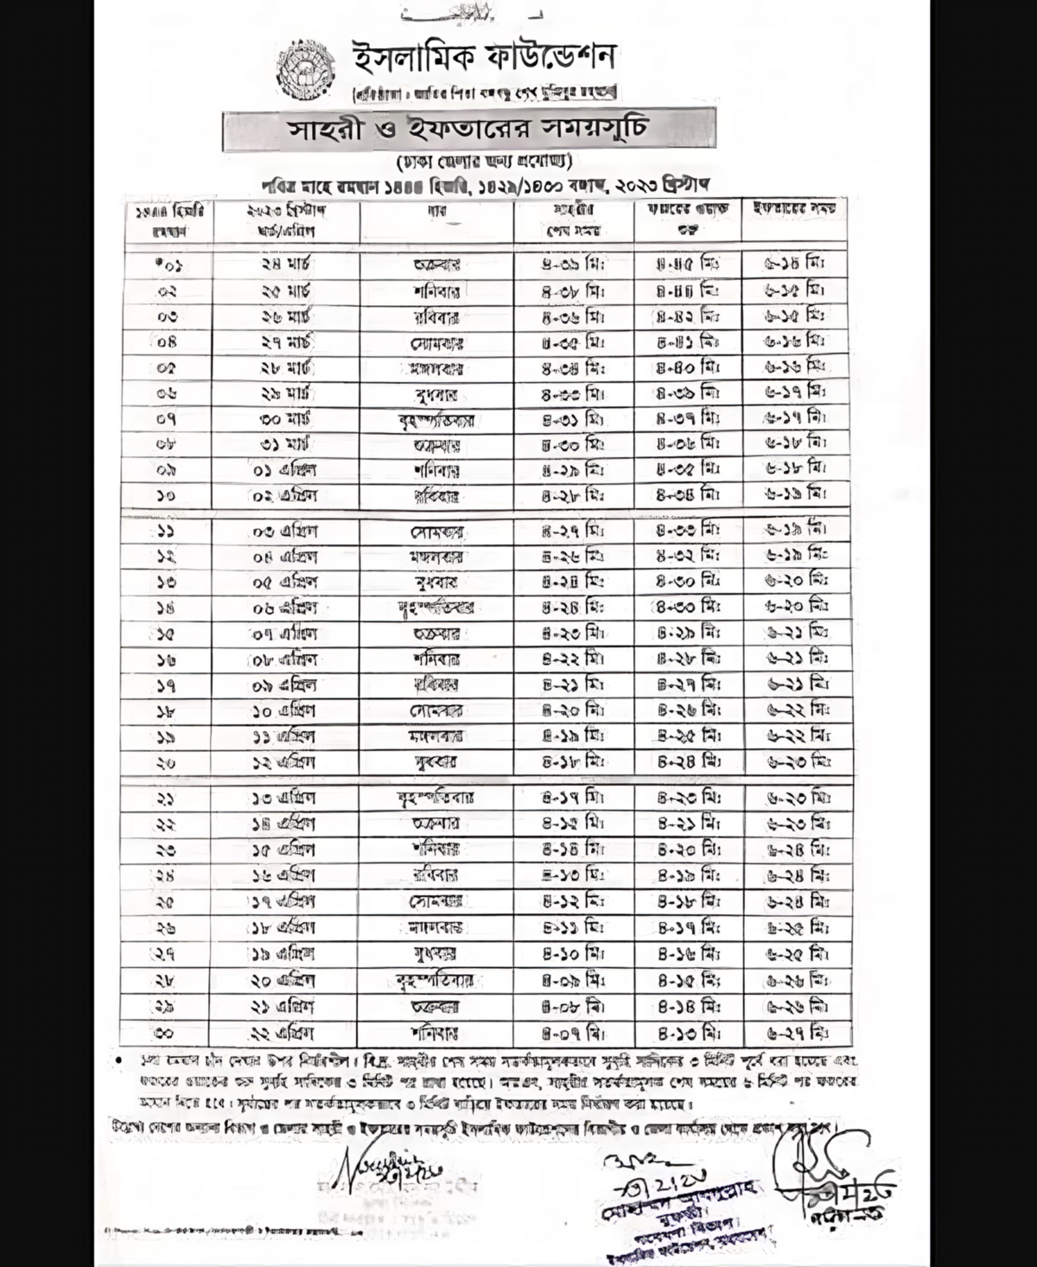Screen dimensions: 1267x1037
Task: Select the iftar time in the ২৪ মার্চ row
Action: [x=795, y=264]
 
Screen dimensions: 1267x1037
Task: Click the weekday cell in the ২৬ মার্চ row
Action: [x=436, y=316]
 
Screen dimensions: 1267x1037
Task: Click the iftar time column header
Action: [x=795, y=208]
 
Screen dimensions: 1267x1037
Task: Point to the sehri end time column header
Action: [x=574, y=220]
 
